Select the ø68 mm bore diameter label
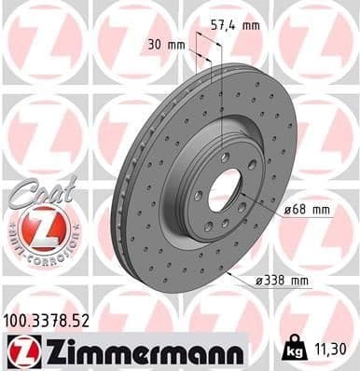308,210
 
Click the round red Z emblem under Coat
35,227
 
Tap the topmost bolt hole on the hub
224,156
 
